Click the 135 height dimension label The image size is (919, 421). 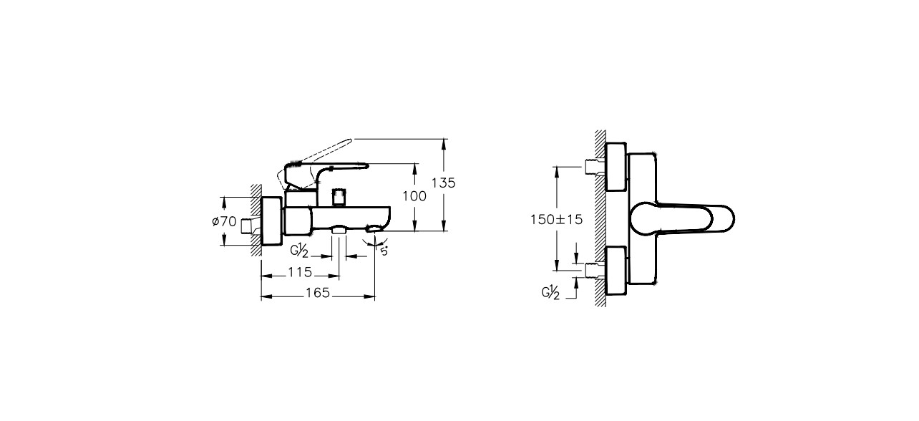pyautogui.click(x=444, y=183)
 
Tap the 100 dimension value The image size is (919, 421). pyautogui.click(x=414, y=197)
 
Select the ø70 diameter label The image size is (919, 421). pyautogui.click(x=224, y=221)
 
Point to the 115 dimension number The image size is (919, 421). pyautogui.click(x=300, y=272)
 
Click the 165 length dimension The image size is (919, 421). pyautogui.click(x=318, y=293)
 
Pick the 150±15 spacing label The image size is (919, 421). pyautogui.click(x=556, y=220)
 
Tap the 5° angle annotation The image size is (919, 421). pyautogui.click(x=384, y=251)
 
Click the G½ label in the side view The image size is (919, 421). pyautogui.click(x=299, y=251)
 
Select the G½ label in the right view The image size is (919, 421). pyautogui.click(x=550, y=293)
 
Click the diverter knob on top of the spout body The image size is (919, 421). pyautogui.click(x=339, y=198)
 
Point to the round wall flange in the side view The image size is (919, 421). pyautogui.click(x=271, y=221)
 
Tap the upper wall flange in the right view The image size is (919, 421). pyautogui.click(x=616, y=167)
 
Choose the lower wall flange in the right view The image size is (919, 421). pyautogui.click(x=616, y=271)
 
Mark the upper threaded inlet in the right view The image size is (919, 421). pyautogui.click(x=595, y=167)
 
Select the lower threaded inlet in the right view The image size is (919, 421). pyautogui.click(x=595, y=271)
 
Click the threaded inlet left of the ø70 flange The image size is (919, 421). pyautogui.click(x=251, y=226)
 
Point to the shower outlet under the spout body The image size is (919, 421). pyautogui.click(x=339, y=230)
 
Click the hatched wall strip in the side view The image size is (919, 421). pyautogui.click(x=256, y=221)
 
